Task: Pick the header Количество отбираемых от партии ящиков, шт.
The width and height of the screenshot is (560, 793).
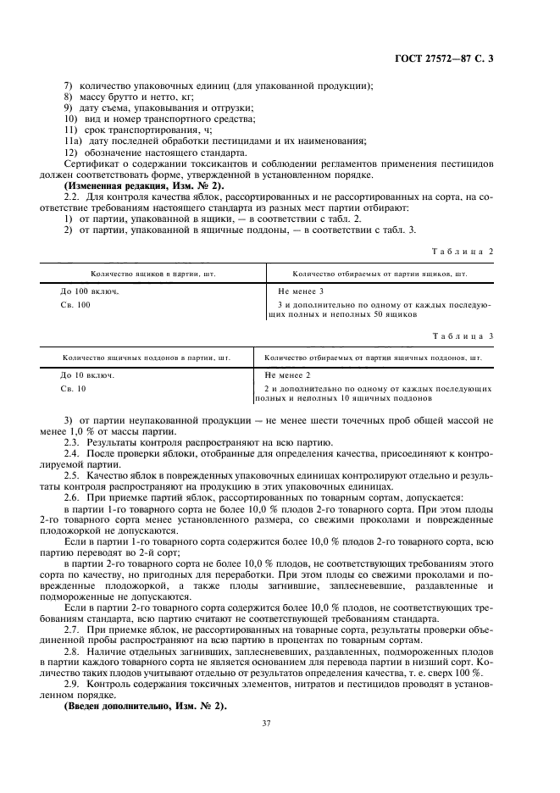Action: tap(380, 274)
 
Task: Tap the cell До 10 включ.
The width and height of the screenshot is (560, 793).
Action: tap(86, 374)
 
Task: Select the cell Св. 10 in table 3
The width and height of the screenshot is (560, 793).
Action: tap(73, 388)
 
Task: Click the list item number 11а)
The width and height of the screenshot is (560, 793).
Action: tap(73, 141)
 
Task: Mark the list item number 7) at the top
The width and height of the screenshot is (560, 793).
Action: tap(69, 86)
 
